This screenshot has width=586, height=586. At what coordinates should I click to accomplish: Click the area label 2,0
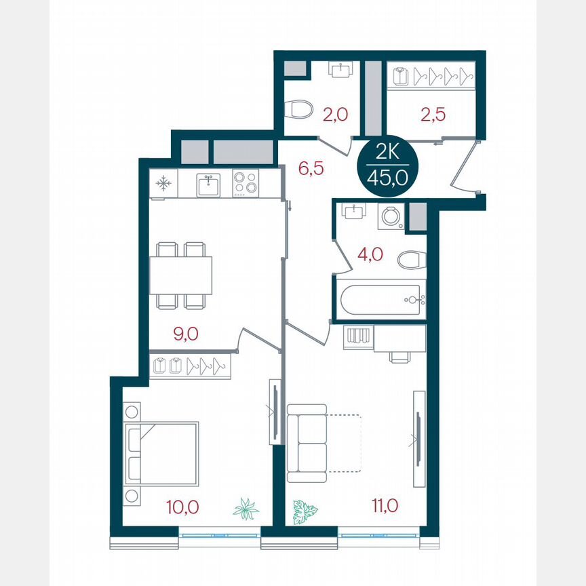(335, 114)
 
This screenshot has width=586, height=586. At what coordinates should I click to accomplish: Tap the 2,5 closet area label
(433, 114)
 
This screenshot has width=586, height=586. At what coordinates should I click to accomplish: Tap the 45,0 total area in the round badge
(389, 179)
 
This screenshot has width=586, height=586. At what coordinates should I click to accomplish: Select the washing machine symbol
(391, 216)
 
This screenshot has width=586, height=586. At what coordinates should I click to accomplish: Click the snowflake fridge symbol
(163, 183)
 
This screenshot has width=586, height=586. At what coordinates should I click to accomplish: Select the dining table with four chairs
(180, 275)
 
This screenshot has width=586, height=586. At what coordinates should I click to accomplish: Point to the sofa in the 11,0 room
(307, 439)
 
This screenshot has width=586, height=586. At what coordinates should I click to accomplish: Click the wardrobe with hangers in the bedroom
(190, 365)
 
